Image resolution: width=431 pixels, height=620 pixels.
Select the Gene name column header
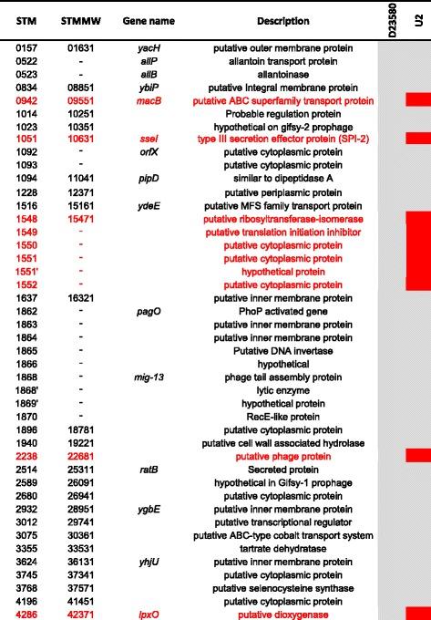144,20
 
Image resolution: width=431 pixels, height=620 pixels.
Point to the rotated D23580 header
391,17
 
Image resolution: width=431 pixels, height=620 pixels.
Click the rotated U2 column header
418,17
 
